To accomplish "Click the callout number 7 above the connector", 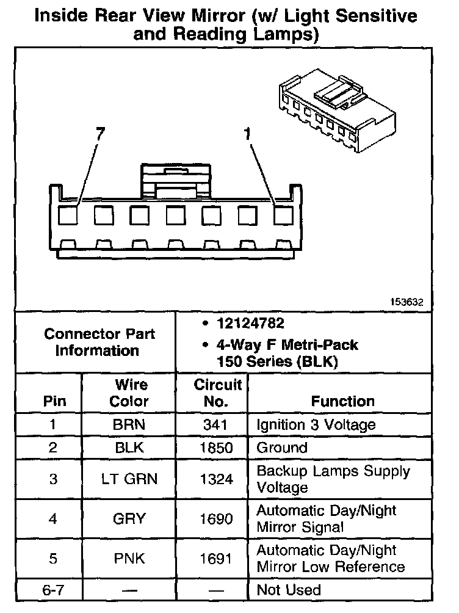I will coord(99,134).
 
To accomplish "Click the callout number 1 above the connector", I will coord(248,134).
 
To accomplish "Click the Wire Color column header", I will coord(129,393).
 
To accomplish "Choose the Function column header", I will coord(342,401).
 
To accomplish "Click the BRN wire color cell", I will coord(129,424).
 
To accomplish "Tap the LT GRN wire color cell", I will coord(129,479).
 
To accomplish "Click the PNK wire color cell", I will coord(129,558).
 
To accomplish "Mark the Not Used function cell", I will coord(288,590).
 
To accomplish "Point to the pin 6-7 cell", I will coord(52,590).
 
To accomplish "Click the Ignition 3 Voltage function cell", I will coord(316,424).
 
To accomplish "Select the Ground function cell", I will coord(281,448).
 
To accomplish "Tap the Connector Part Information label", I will coord(99,342).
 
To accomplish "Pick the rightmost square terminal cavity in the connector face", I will coord(283,216).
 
